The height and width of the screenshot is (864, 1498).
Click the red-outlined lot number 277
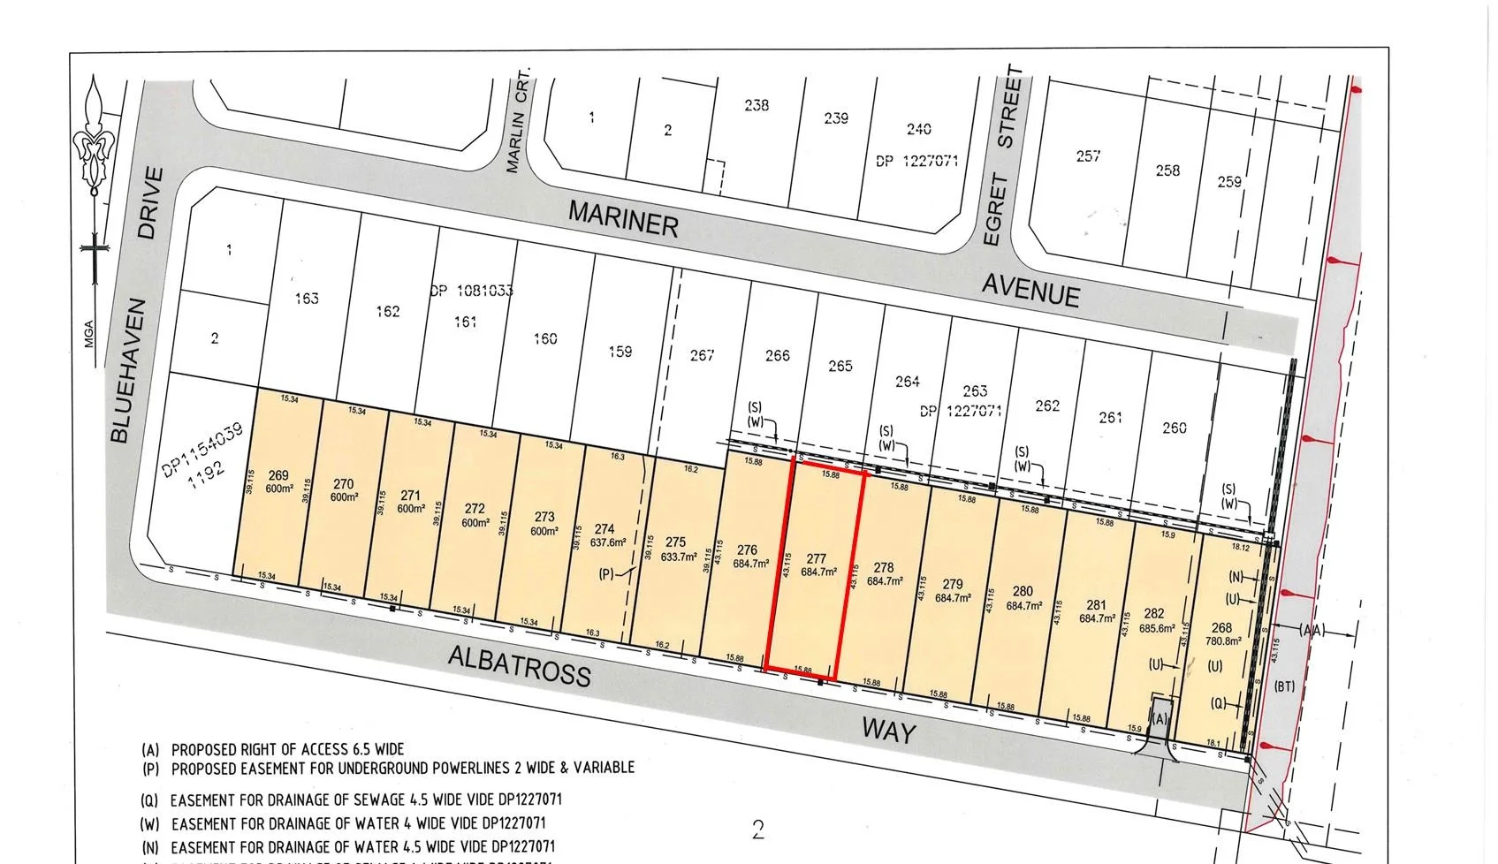[x=815, y=558]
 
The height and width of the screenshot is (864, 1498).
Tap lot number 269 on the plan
[x=278, y=476]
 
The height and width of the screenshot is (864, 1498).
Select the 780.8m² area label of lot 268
[x=1223, y=642]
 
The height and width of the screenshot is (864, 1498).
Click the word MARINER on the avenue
[x=623, y=218]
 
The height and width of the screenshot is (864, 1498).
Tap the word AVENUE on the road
[x=1030, y=289]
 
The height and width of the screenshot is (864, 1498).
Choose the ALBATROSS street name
[x=519, y=665]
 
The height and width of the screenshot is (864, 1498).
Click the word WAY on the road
[x=888, y=731]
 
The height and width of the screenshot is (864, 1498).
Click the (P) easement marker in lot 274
[x=606, y=574]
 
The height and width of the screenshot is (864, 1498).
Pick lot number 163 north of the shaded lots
[x=306, y=299]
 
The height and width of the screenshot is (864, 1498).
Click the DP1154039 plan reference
[x=204, y=444]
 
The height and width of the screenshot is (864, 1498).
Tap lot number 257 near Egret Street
[x=1088, y=156]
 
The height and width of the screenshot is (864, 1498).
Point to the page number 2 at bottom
[x=757, y=830]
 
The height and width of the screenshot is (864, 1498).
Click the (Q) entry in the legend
[x=150, y=801]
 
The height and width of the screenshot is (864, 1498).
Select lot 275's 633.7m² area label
[x=675, y=557]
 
